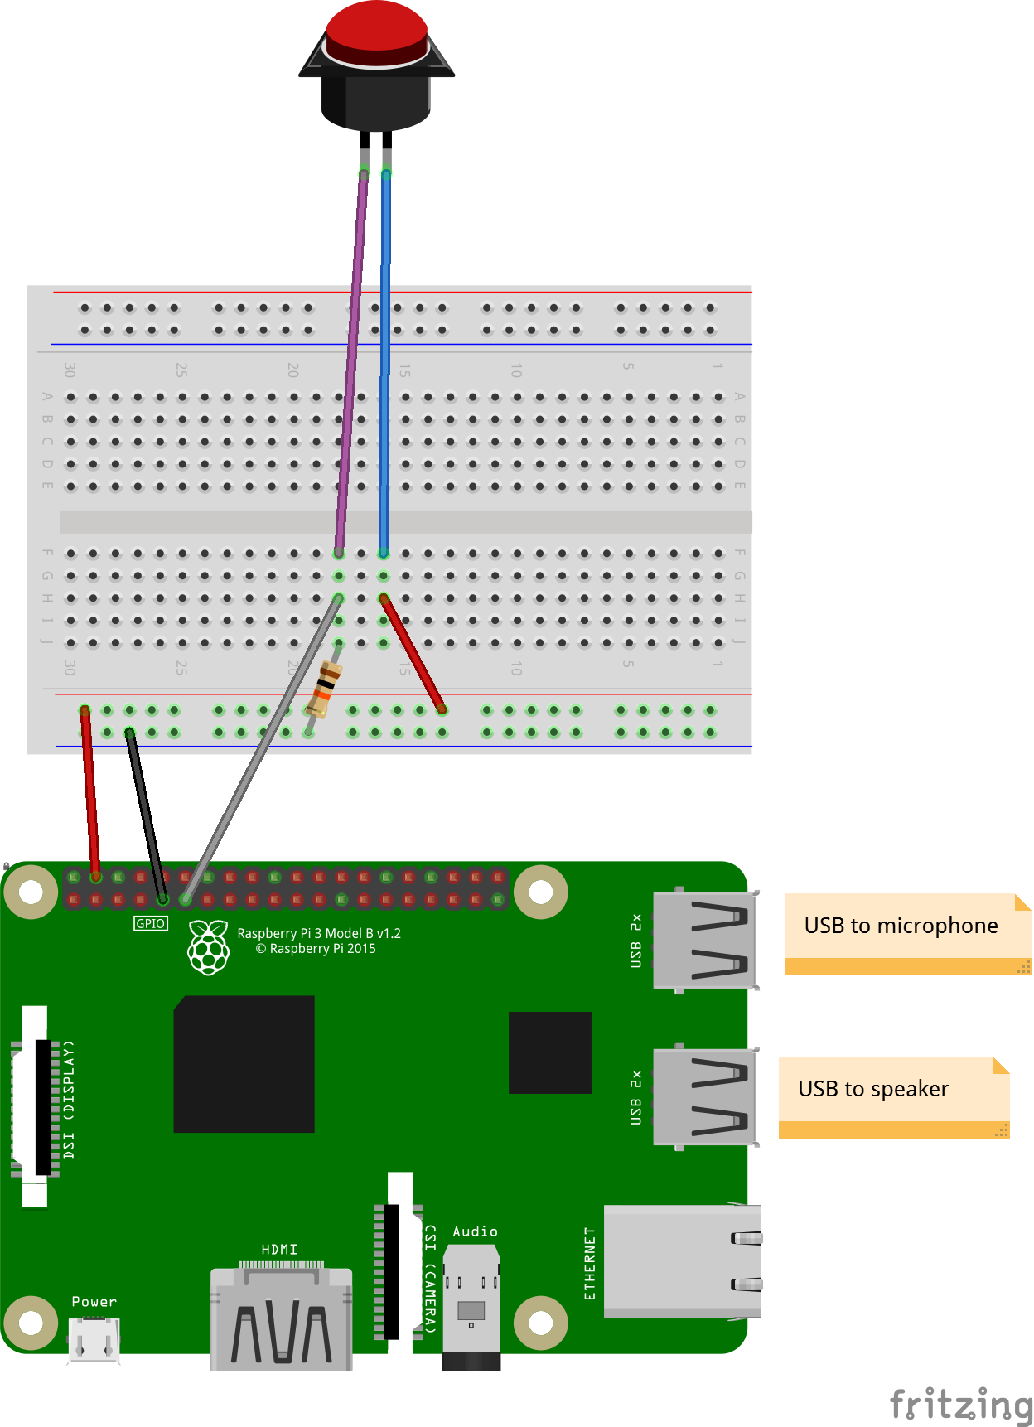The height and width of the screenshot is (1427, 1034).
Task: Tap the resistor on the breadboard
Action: (x=324, y=689)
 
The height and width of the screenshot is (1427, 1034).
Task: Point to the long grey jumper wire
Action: (x=249, y=771)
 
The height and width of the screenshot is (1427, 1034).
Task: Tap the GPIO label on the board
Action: (x=151, y=923)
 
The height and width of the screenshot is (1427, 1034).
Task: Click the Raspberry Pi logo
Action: (x=208, y=947)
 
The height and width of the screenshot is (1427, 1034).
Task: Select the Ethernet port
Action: (x=682, y=1261)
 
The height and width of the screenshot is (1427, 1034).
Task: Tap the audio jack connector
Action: (x=471, y=1309)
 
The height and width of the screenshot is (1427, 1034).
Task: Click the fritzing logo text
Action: (x=961, y=1404)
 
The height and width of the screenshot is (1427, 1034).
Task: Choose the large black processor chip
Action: (x=244, y=1064)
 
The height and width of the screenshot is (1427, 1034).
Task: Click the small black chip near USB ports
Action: (x=549, y=1052)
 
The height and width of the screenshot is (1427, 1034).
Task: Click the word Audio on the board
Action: (x=475, y=1231)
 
